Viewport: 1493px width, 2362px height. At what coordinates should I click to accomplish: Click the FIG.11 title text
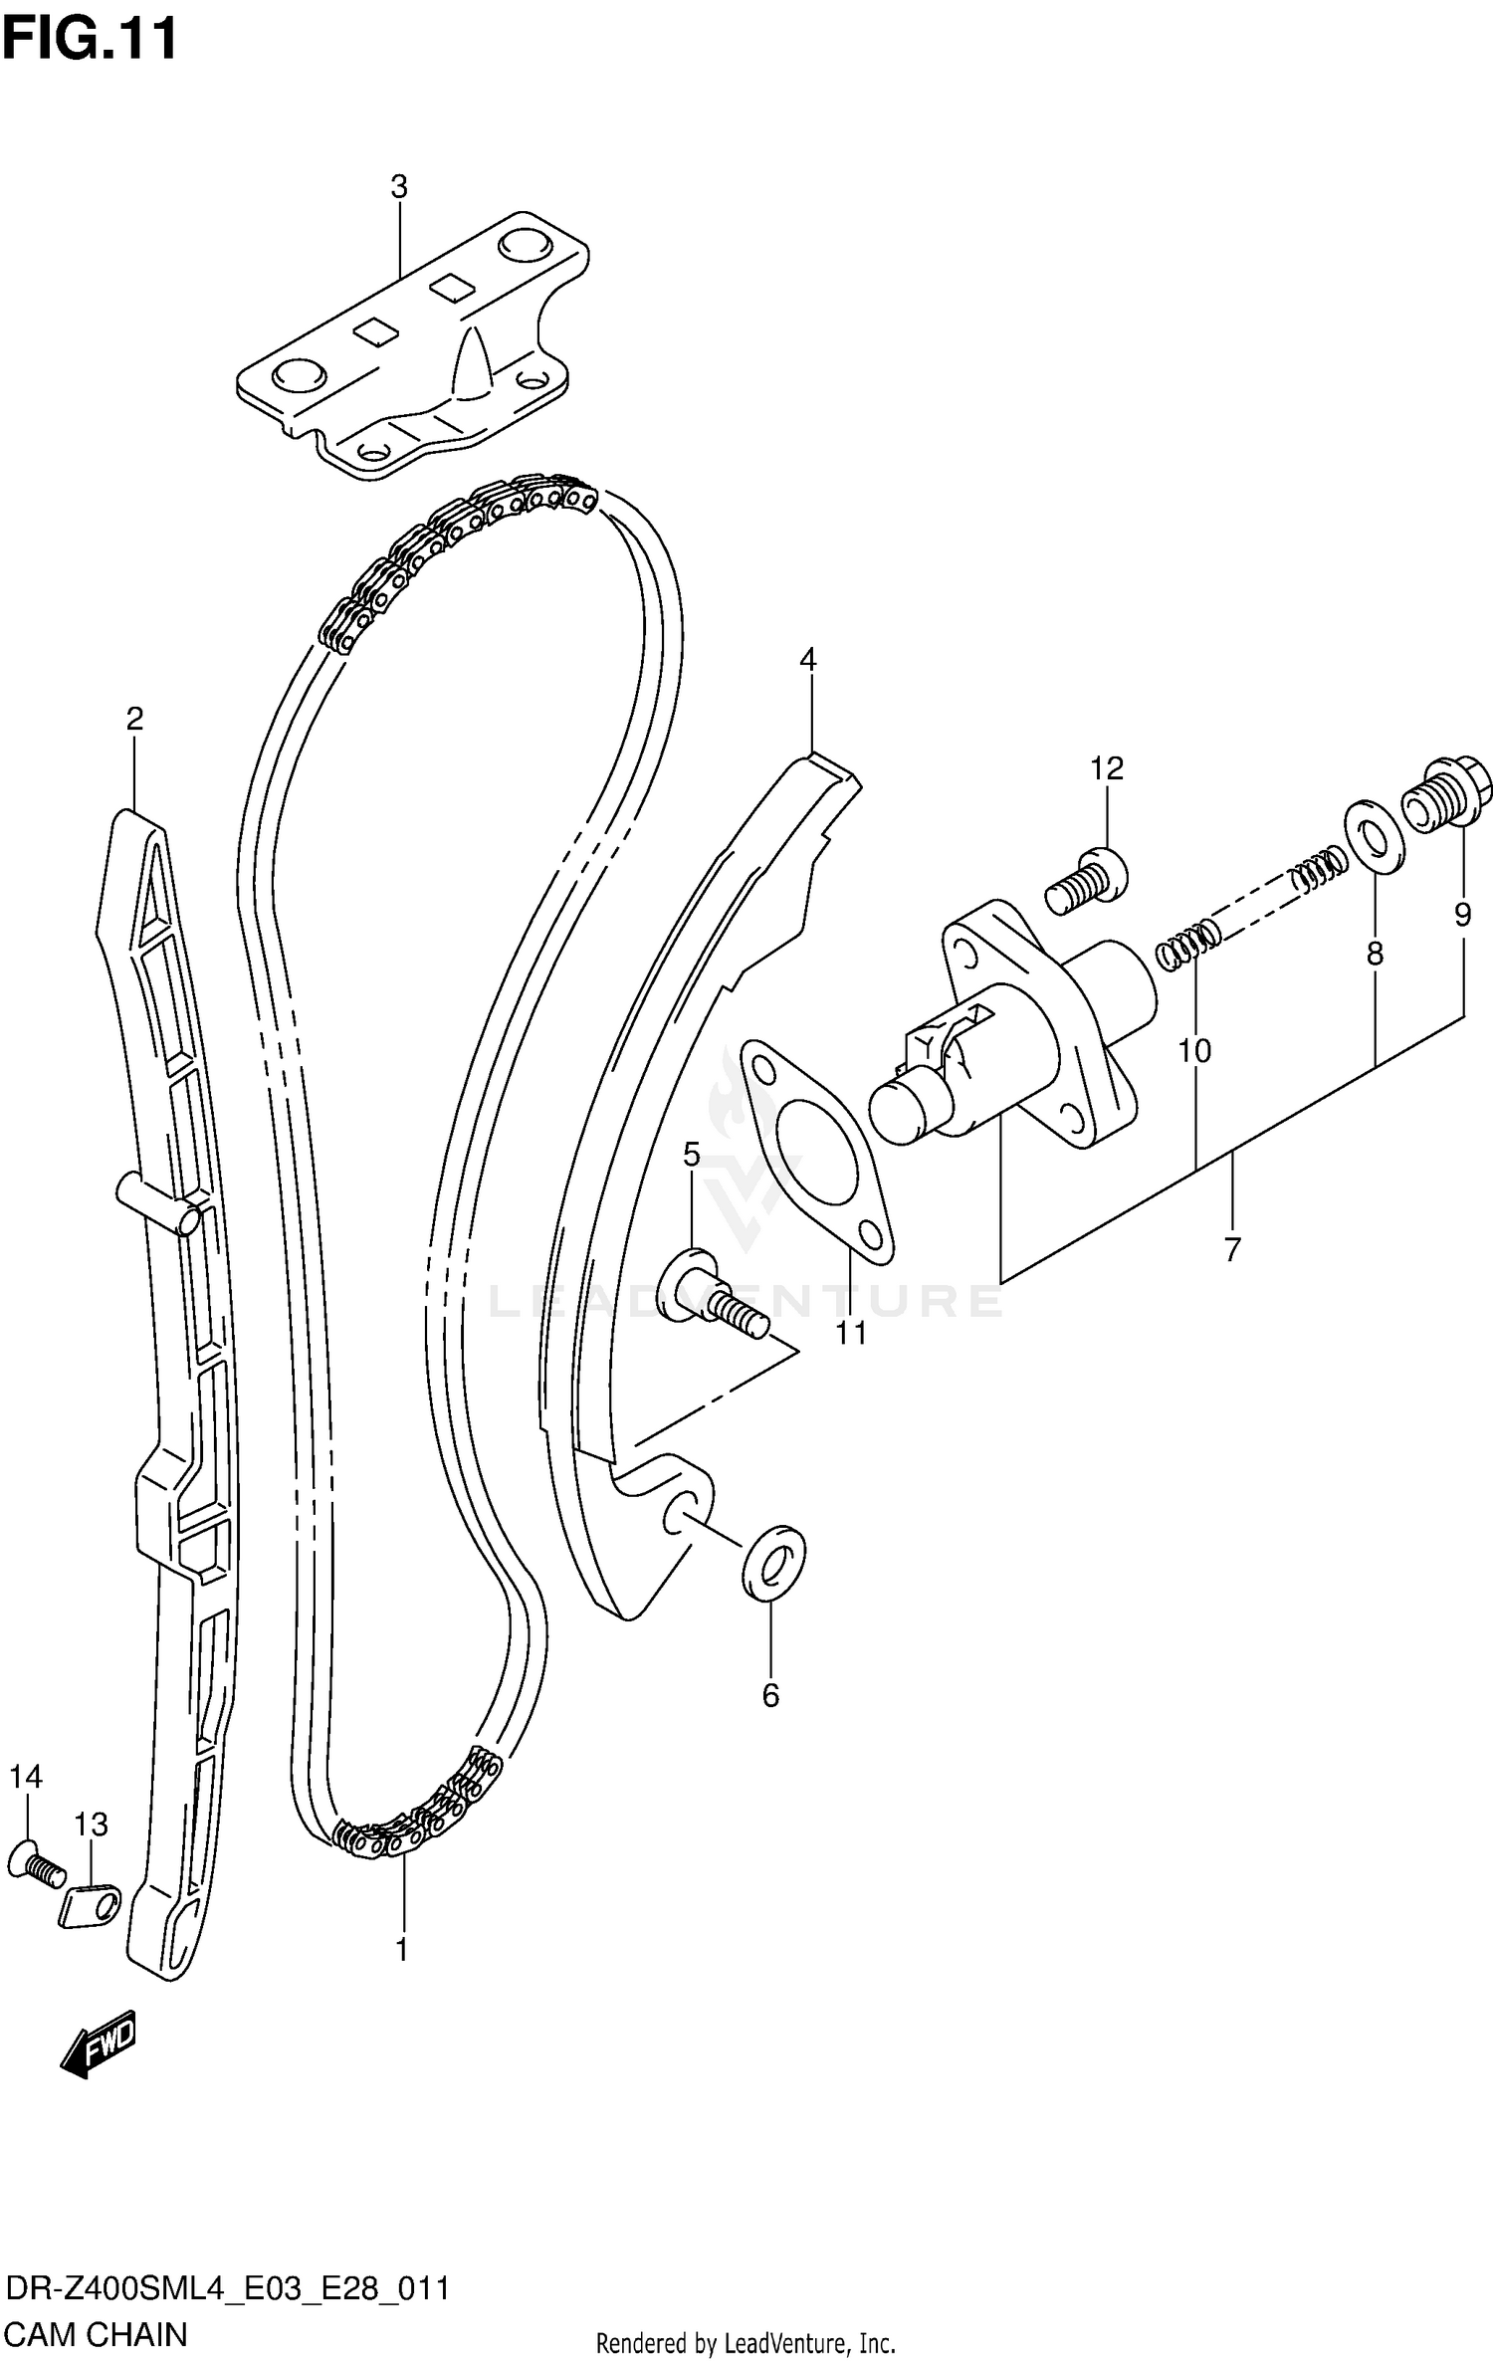(91, 40)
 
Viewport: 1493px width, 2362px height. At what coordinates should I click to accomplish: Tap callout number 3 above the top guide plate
(398, 186)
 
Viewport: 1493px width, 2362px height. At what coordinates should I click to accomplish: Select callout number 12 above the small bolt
(1106, 767)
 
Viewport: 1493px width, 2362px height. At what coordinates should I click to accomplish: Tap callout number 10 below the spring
(1194, 1050)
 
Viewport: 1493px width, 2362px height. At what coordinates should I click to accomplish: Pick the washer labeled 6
(773, 1563)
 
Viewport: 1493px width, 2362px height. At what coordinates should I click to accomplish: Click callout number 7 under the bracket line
(1232, 1249)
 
